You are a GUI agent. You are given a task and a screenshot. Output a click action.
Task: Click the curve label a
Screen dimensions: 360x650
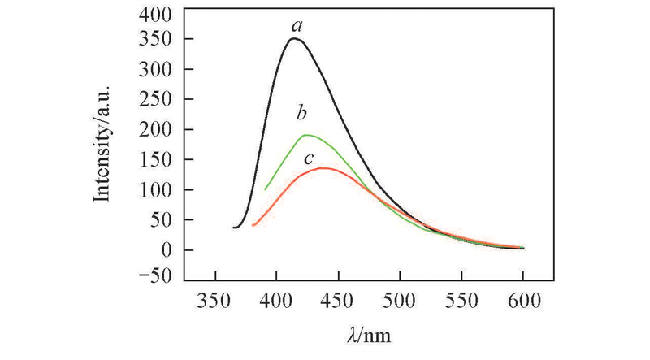tap(297, 28)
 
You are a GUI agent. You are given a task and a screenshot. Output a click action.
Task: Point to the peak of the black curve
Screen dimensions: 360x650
tap(292, 38)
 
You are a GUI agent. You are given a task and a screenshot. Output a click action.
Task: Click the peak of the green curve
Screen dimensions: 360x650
tap(306, 135)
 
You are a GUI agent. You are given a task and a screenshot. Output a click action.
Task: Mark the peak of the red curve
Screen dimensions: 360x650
tap(323, 167)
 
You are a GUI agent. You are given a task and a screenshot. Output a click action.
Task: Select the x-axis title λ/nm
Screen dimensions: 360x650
tap(368, 333)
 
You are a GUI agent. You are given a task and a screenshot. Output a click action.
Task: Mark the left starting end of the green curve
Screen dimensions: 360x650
tap(265, 189)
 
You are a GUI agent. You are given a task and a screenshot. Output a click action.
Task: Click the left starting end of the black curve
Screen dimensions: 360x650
tap(233, 228)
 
